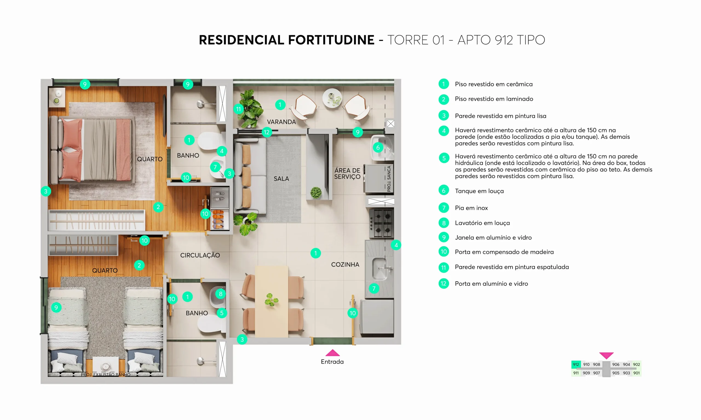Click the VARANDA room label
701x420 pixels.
tap(281, 122)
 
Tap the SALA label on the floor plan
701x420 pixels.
tap(281, 179)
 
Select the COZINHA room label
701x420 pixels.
tap(345, 265)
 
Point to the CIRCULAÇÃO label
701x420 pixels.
tap(200, 255)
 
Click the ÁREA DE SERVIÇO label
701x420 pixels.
tap(347, 173)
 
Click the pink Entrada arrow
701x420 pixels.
tap(332, 353)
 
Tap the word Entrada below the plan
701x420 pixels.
tap(332, 362)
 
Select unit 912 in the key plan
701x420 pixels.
tap(576, 364)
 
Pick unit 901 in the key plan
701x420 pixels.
tap(636, 373)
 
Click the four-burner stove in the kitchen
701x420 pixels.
tap(381, 223)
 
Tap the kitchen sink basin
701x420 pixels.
tap(379, 268)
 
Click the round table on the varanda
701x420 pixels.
tap(332, 98)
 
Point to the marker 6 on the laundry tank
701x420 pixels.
tap(378, 147)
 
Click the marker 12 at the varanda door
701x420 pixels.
tap(267, 132)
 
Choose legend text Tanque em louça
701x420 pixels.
tap(479, 191)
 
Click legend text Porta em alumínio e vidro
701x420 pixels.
tap(491, 284)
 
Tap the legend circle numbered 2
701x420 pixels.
tap(444, 99)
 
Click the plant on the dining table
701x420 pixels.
tap(271, 300)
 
